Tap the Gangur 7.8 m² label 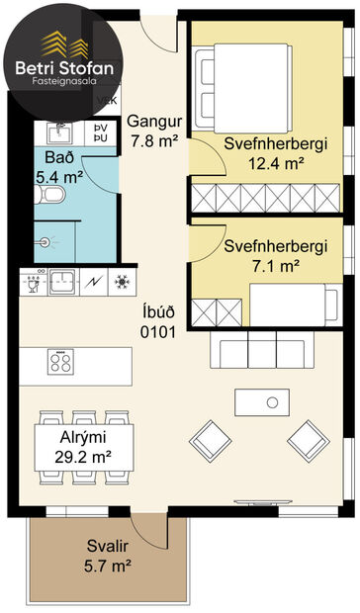pos(153,131)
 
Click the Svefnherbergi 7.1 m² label pos(275,255)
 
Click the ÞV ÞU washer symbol pos(100,133)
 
